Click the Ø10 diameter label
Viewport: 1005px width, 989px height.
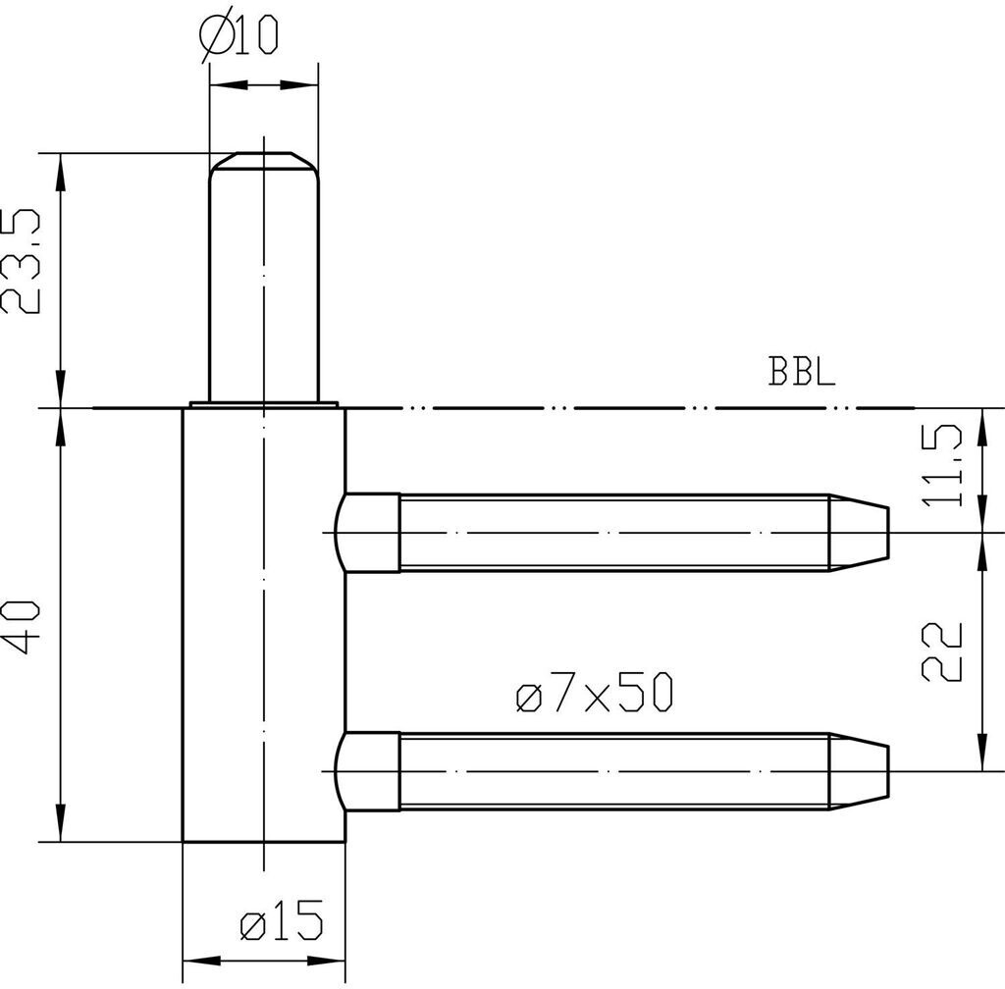(239, 37)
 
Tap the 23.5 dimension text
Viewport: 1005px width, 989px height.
(22, 261)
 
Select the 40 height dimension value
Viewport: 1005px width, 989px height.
(22, 627)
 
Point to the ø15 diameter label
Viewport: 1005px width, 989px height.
(282, 920)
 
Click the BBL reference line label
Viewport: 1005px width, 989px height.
(802, 371)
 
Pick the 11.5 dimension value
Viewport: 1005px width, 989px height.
(942, 466)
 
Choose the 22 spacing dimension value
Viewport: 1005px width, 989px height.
(942, 651)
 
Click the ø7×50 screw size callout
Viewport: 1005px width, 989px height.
(594, 692)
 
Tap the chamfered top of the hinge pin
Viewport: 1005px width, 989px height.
(263, 161)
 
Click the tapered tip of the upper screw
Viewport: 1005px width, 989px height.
(859, 533)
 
